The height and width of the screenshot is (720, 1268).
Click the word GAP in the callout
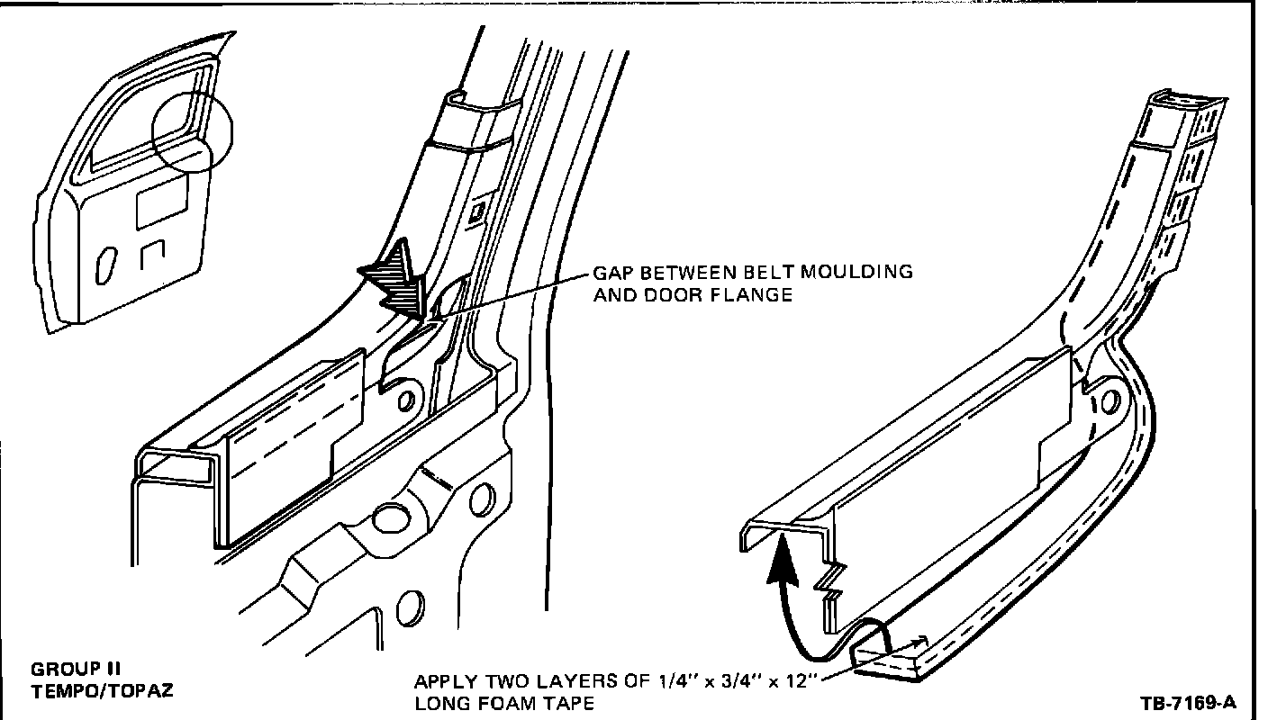(x=611, y=273)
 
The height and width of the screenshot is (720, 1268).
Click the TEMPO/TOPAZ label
(x=102, y=691)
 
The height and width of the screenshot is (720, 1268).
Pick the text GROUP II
(x=77, y=669)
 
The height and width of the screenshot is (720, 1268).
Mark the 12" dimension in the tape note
(x=801, y=680)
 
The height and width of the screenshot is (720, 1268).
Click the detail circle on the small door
(x=192, y=131)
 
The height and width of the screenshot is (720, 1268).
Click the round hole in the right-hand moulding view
(x=1109, y=400)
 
